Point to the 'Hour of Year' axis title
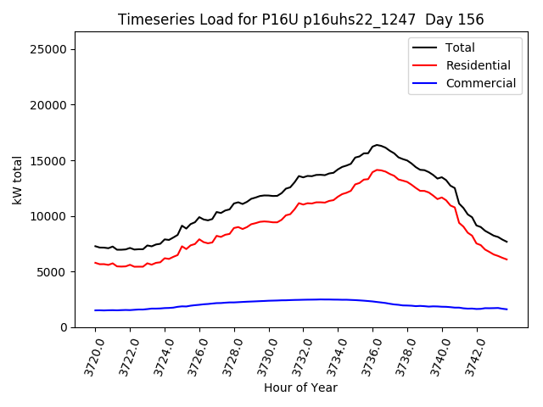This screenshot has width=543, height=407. pyautogui.click(x=301, y=387)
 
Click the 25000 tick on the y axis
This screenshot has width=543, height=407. pyautogui.click(x=48, y=49)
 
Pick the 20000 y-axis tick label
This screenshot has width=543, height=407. pyautogui.click(x=48, y=105)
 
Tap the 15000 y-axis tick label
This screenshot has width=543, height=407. pyautogui.click(x=48, y=160)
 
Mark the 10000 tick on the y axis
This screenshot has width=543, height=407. pyautogui.click(x=48, y=216)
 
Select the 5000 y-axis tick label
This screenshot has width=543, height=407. pyautogui.click(x=52, y=272)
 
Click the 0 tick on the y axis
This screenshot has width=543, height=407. pyautogui.click(x=63, y=327)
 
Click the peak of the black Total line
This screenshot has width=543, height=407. pyautogui.click(x=377, y=145)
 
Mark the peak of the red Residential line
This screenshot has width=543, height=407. pyautogui.click(x=378, y=170)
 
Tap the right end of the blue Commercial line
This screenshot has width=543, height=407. pyautogui.click(x=507, y=309)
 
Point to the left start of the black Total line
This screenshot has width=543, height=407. pyautogui.click(x=95, y=246)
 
